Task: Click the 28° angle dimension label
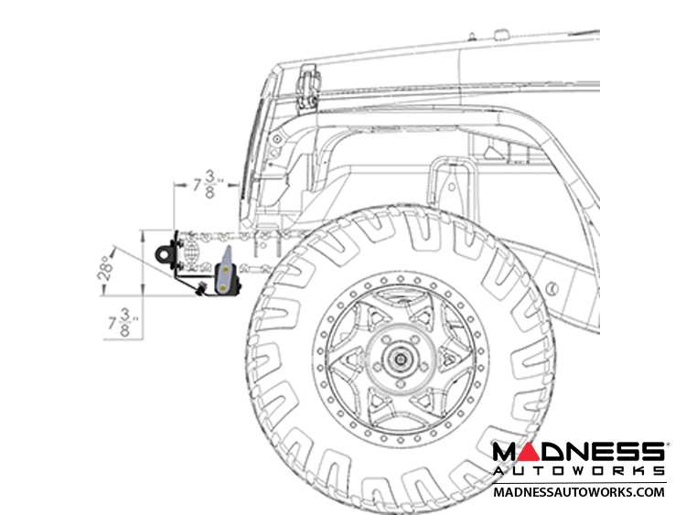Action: (x=105, y=268)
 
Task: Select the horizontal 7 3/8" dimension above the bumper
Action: (x=209, y=184)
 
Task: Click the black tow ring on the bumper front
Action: (x=165, y=253)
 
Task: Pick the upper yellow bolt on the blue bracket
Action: (x=226, y=270)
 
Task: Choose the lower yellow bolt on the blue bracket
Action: (x=223, y=287)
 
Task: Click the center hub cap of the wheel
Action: (x=400, y=359)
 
